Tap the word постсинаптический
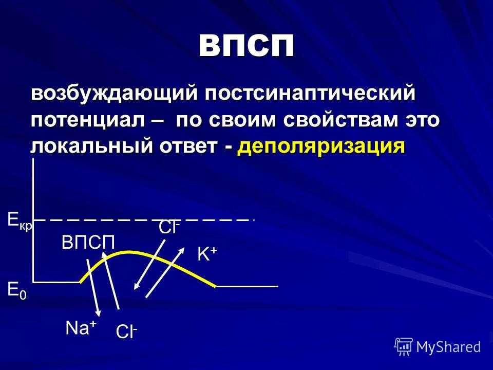click(310, 94)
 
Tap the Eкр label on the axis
click(20, 220)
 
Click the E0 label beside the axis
click(17, 290)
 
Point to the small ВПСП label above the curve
click(88, 243)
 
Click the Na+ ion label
click(81, 328)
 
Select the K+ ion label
click(207, 253)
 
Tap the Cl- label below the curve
click(126, 331)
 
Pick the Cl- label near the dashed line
click(169, 227)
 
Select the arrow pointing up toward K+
click(165, 272)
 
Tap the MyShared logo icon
click(403, 347)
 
